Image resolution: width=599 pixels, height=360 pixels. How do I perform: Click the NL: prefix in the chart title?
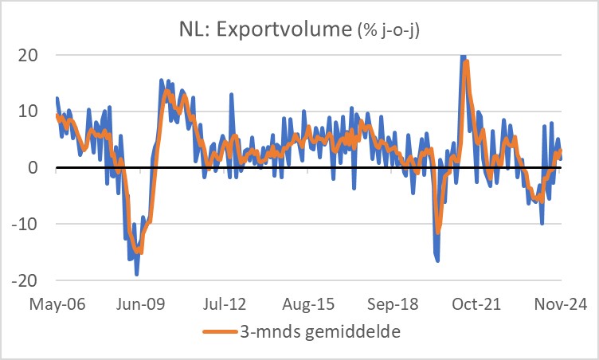click(x=198, y=30)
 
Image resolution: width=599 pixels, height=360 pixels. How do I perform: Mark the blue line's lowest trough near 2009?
click(x=137, y=275)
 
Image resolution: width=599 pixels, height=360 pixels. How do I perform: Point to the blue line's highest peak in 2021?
click(x=462, y=57)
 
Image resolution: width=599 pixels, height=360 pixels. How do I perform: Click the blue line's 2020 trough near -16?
click(x=438, y=260)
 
